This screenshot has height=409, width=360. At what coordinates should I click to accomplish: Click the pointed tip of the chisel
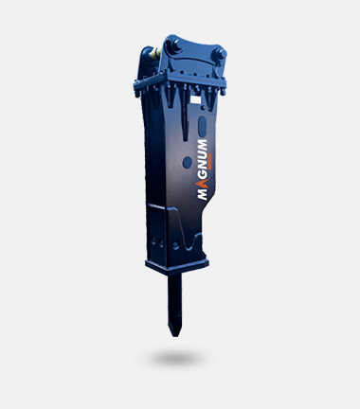point(174,335)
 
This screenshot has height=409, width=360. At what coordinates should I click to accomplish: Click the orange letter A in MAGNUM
point(203,183)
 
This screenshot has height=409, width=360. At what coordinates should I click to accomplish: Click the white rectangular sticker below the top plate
point(196,100)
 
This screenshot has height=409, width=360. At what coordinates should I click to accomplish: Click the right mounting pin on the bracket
point(220,54)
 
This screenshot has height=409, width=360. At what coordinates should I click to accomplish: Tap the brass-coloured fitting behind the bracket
point(155,53)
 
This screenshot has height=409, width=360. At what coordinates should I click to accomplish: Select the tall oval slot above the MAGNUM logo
point(202,127)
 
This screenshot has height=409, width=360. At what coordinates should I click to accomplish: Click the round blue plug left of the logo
point(188,162)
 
